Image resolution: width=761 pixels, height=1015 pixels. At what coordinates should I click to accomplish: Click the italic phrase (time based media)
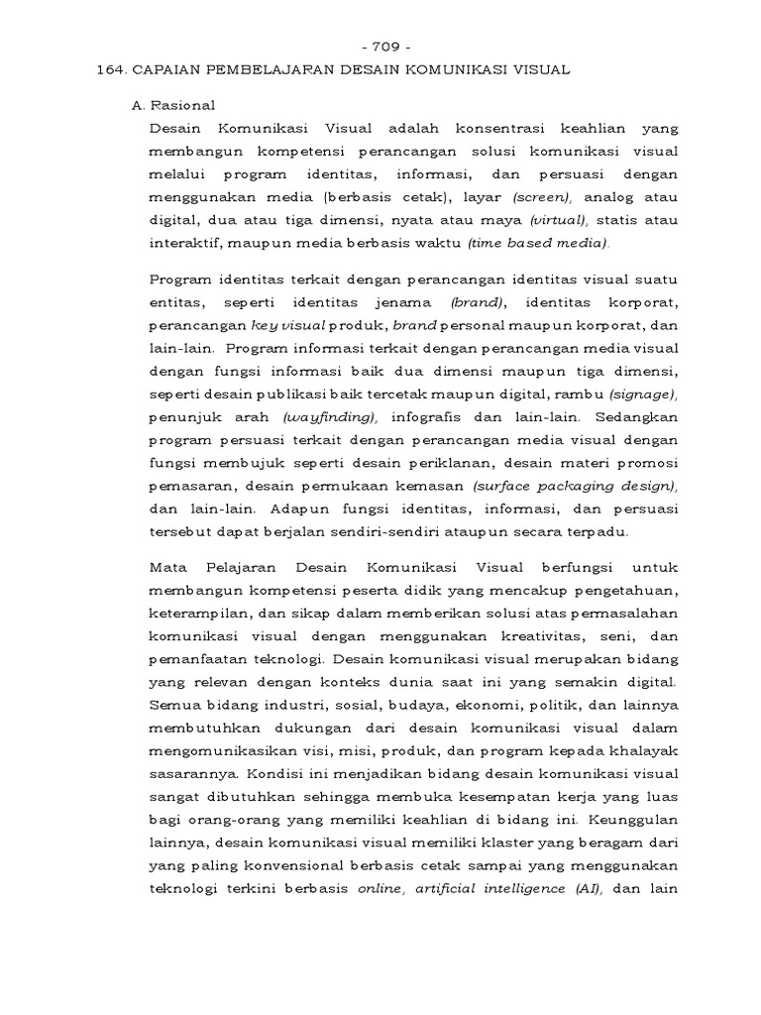(539, 244)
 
